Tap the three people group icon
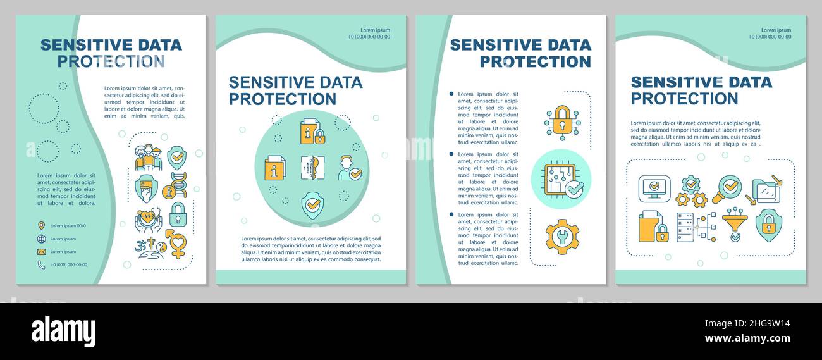click(149, 158)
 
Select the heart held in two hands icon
click(147, 219)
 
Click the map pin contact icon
click(41, 225)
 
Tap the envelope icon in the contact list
click(41, 252)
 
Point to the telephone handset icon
click(41, 265)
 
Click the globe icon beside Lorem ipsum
click(41, 239)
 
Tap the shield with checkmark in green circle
click(312, 205)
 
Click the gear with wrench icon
click(561, 236)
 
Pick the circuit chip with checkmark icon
click(561, 179)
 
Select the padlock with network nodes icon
click(561, 122)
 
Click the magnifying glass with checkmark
click(728, 188)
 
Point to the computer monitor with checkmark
click(654, 189)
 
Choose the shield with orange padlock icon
click(769, 225)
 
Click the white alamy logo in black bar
click(63, 332)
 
